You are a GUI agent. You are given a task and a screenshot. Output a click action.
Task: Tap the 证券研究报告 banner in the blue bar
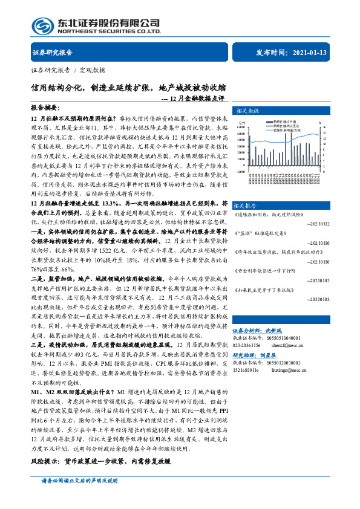coord(52,53)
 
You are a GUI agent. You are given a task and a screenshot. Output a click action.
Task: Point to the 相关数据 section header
coord(248,111)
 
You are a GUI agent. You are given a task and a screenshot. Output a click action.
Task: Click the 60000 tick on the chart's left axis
coord(241,128)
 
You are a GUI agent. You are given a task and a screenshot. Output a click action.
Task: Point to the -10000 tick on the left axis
coord(240,171)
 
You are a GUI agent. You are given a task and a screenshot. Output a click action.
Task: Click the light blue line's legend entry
coord(284,129)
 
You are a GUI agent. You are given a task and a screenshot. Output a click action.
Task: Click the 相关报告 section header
coord(248,206)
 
